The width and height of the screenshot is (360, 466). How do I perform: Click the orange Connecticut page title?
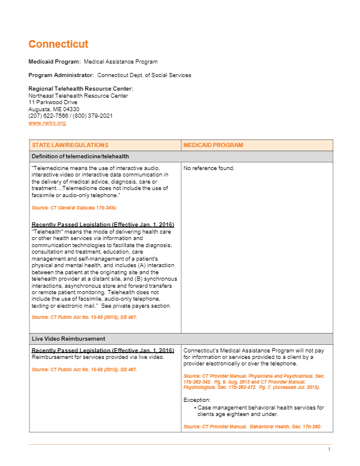coord(58,44)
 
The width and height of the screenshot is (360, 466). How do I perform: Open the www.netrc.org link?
coord(47,123)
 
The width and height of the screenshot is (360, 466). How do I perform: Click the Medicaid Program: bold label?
coord(55,62)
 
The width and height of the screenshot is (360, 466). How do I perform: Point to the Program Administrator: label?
coord(61,75)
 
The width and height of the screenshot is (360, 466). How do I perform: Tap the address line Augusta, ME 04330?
coord(54,109)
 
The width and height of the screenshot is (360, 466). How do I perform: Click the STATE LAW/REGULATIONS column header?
coord(70,145)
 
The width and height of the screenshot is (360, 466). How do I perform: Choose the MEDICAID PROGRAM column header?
coord(213,145)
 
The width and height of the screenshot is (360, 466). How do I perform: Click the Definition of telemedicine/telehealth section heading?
coord(80,157)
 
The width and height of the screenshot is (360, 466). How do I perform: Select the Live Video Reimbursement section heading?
coord(68,339)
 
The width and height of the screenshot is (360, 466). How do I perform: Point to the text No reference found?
coord(209,168)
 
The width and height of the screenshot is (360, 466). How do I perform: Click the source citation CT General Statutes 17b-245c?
coord(75,208)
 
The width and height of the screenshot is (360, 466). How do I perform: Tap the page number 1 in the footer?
coord(329,450)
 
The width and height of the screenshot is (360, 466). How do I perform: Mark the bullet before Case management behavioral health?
coord(195,408)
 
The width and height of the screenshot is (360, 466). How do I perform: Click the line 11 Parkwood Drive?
coord(53,102)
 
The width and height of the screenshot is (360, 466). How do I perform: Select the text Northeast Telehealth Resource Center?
coord(78,96)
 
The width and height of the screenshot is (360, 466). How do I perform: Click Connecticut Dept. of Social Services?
coord(144,75)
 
